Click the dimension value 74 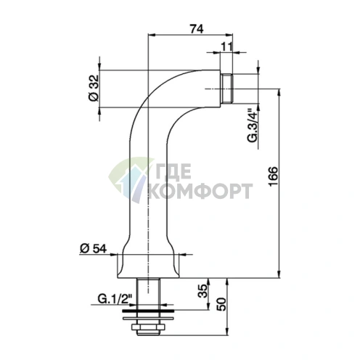(197, 29)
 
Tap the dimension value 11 (226, 46)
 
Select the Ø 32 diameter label (94, 88)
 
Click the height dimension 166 (274, 176)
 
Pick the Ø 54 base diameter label (93, 249)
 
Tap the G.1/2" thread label (115, 299)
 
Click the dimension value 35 (202, 290)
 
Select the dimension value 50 (221, 304)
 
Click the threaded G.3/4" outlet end (227, 89)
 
